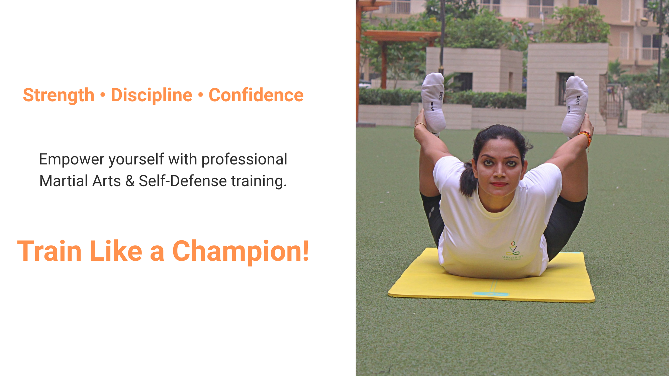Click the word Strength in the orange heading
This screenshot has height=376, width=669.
[x=59, y=96]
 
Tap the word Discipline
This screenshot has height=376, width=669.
[x=152, y=96]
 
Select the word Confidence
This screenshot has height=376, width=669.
[x=256, y=95]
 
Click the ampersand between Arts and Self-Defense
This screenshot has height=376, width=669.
[x=130, y=181]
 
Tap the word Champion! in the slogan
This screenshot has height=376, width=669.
[x=241, y=251]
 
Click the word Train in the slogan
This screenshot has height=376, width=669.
[x=50, y=251]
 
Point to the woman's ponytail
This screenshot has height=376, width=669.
[x=468, y=179]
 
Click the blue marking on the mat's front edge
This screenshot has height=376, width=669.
[x=491, y=294]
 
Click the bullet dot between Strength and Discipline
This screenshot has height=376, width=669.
[x=103, y=95]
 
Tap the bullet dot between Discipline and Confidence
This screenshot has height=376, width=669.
[x=201, y=95]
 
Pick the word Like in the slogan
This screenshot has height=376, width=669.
[x=116, y=251]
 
